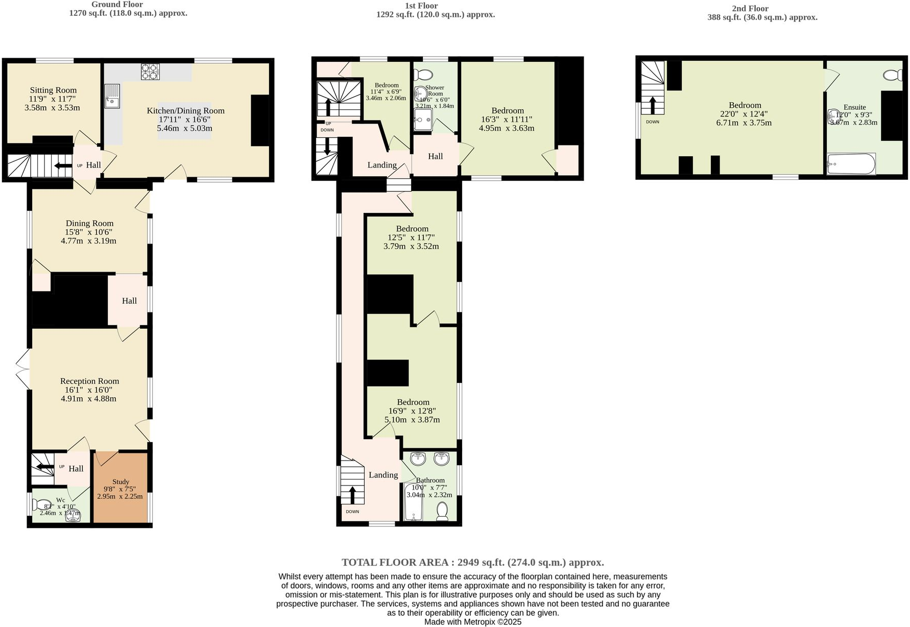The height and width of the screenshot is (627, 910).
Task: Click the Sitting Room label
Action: coord(53,90)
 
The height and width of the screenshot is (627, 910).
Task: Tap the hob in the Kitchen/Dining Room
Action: coord(150,71)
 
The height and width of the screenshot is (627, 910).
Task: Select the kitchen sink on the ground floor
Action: coord(112,97)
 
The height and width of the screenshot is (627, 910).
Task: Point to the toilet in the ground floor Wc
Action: coord(41,505)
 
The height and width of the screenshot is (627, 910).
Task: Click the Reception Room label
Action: coord(89,381)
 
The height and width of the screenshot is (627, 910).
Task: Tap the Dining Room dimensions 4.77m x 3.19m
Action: coord(88,241)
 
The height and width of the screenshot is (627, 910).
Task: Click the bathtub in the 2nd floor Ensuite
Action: coord(851,164)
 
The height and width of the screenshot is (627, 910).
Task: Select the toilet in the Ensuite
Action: coord(893,75)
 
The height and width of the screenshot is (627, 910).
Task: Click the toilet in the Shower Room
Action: coord(423,75)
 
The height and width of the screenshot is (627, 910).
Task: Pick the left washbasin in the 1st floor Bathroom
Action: coord(418,459)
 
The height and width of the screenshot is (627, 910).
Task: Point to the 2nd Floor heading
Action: coord(750,9)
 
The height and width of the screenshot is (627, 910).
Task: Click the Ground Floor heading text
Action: coord(117,5)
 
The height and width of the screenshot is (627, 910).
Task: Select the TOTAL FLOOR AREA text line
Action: coord(472,562)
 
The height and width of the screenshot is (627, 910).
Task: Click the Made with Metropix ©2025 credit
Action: coord(472,622)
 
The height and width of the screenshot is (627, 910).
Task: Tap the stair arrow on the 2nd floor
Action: coord(653,105)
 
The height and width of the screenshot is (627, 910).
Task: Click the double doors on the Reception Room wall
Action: coord(22,369)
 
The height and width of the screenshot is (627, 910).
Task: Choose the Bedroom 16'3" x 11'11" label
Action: coord(507,111)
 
